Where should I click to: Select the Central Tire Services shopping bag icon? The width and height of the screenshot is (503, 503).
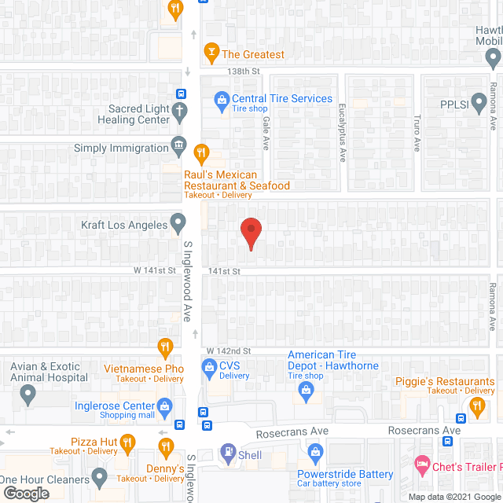(221, 99)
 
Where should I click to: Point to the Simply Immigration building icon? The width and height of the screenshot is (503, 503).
(180, 147)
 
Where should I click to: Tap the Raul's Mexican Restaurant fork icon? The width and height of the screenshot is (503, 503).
(202, 153)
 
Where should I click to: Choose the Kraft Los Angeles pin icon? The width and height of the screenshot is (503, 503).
(179, 225)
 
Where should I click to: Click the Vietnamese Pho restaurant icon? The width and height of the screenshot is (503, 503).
(165, 347)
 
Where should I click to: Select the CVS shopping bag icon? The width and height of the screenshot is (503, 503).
(210, 366)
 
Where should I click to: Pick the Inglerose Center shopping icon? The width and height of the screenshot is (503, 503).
(164, 406)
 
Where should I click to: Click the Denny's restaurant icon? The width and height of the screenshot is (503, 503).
(165, 447)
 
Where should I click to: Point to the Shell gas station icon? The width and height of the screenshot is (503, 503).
(228, 453)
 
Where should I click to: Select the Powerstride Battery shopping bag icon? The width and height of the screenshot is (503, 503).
(316, 452)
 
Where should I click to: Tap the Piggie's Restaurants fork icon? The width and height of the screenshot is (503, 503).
(476, 406)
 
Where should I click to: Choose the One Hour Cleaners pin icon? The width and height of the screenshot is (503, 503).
(99, 476)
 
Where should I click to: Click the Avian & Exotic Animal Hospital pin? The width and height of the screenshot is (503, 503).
(29, 395)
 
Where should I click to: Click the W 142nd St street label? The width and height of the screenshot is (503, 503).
(228, 351)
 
